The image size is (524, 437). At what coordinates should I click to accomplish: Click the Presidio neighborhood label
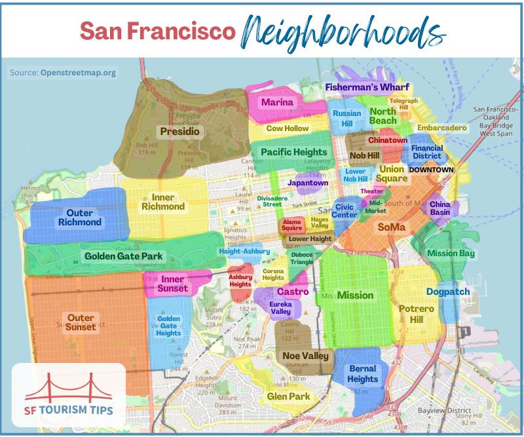[179, 132]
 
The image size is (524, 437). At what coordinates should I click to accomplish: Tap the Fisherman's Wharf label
[367, 87]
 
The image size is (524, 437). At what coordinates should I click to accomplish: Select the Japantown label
[308, 183]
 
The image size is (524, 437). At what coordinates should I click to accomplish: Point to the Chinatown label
[388, 140]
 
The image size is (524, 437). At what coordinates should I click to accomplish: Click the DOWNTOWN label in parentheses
[431, 170]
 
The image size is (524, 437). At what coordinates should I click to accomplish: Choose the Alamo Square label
[292, 225]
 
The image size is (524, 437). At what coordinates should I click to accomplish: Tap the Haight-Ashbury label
[244, 252]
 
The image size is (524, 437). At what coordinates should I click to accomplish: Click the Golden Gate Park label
[124, 256]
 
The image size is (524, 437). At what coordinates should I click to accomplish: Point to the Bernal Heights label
[363, 373]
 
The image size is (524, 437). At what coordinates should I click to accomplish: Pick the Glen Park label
[288, 396]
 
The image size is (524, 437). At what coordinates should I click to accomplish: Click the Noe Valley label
[304, 356]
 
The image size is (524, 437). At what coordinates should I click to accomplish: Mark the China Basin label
[440, 208]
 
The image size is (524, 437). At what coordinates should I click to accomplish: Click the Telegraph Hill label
[403, 105]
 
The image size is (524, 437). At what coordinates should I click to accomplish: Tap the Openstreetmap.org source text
[78, 73]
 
